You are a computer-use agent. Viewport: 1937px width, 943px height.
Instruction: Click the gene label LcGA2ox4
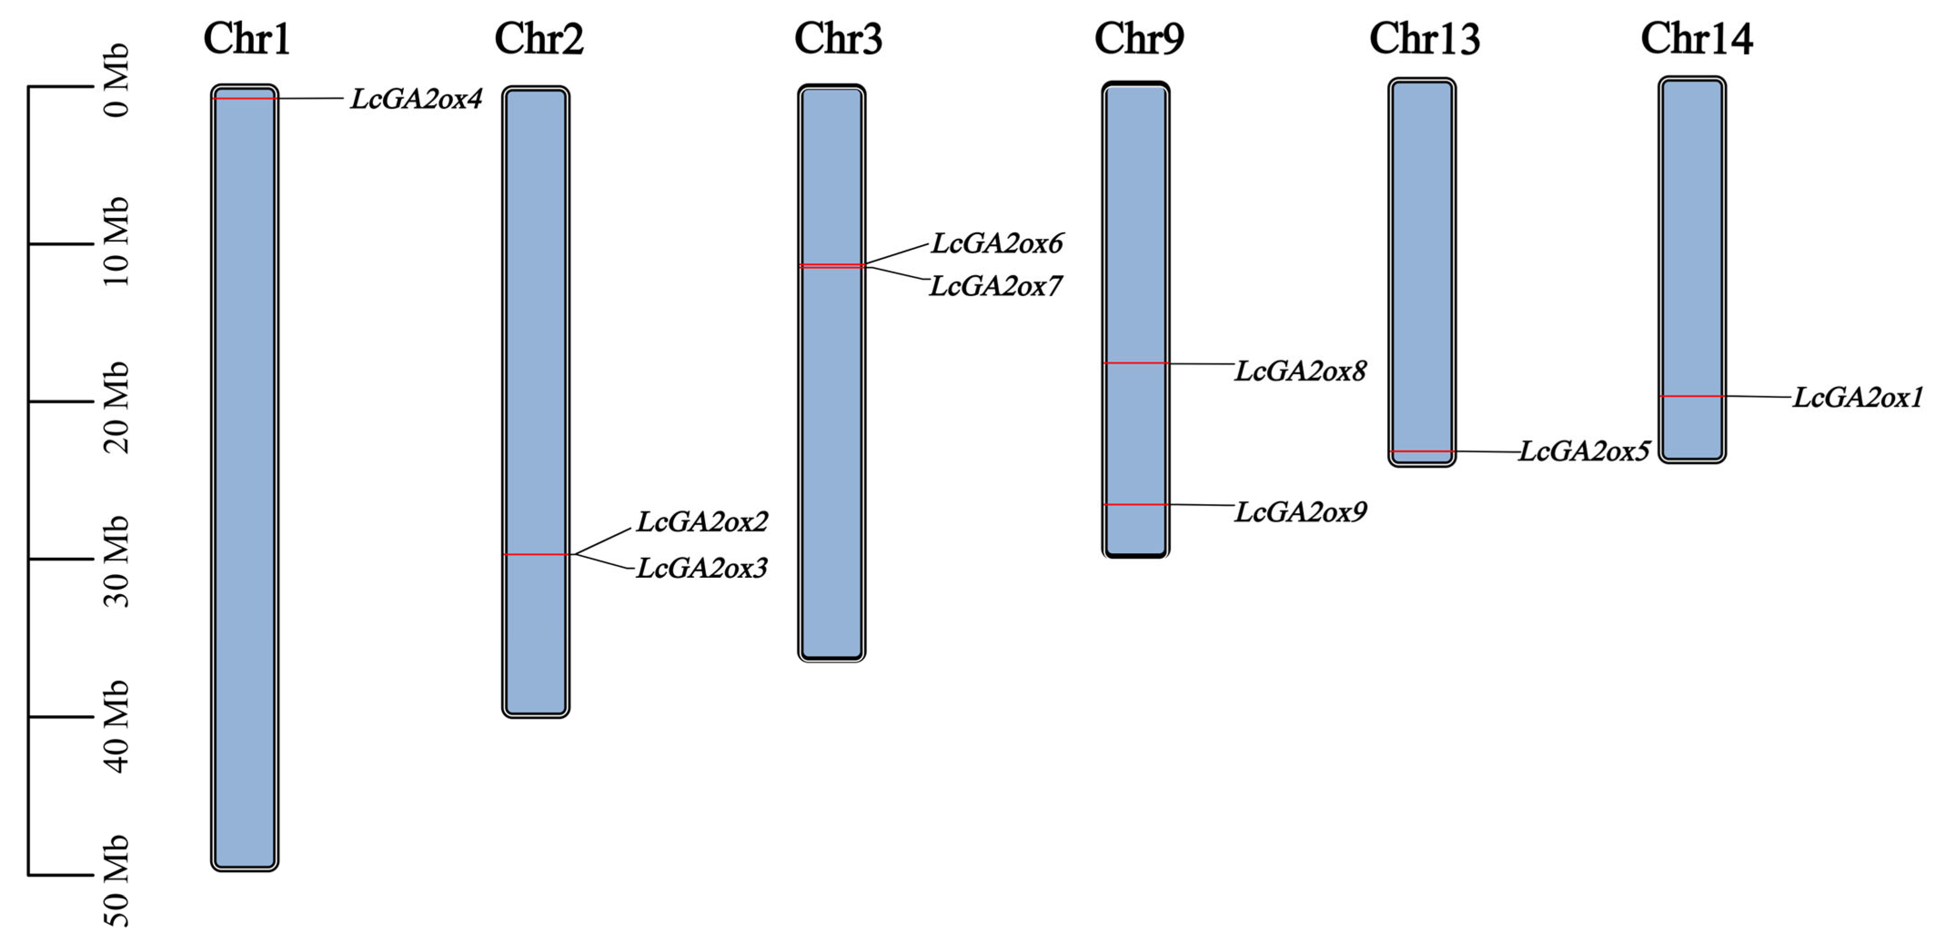point(416,99)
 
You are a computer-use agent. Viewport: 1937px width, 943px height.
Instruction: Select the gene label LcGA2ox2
point(702,522)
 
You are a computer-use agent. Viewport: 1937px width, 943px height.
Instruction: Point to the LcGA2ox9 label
point(1301,512)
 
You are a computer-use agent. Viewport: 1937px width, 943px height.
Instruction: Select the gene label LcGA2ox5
point(1584,451)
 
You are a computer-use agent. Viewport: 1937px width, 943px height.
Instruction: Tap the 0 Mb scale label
point(116,81)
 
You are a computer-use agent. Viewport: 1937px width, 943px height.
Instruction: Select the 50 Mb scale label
point(116,881)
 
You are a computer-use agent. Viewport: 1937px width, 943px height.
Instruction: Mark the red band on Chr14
point(1692,396)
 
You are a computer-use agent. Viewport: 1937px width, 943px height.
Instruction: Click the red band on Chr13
point(1421,451)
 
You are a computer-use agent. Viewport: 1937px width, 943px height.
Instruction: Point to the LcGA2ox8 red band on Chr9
point(1136,363)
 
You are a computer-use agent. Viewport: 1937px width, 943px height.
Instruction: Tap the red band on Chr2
point(535,554)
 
